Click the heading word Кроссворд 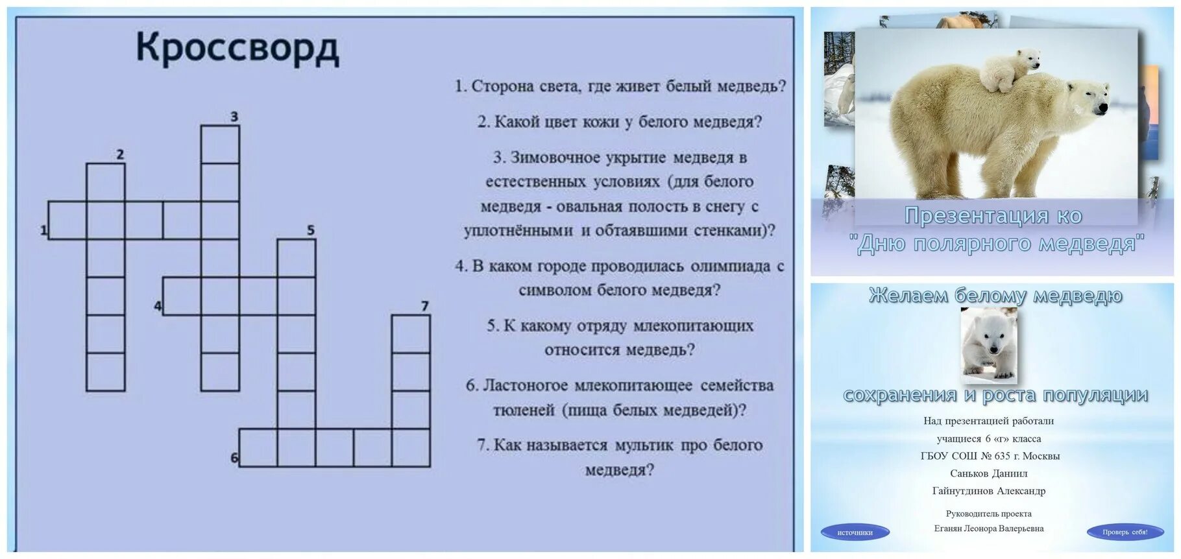point(237,49)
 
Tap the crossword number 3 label point(234,117)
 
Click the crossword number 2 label point(119,154)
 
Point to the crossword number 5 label point(311,230)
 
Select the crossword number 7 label point(425,306)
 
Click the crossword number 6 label point(234,458)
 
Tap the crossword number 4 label point(158,305)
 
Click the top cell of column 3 point(220,144)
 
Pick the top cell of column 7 point(411,333)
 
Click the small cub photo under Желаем point(988,346)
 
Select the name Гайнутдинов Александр point(988,491)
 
